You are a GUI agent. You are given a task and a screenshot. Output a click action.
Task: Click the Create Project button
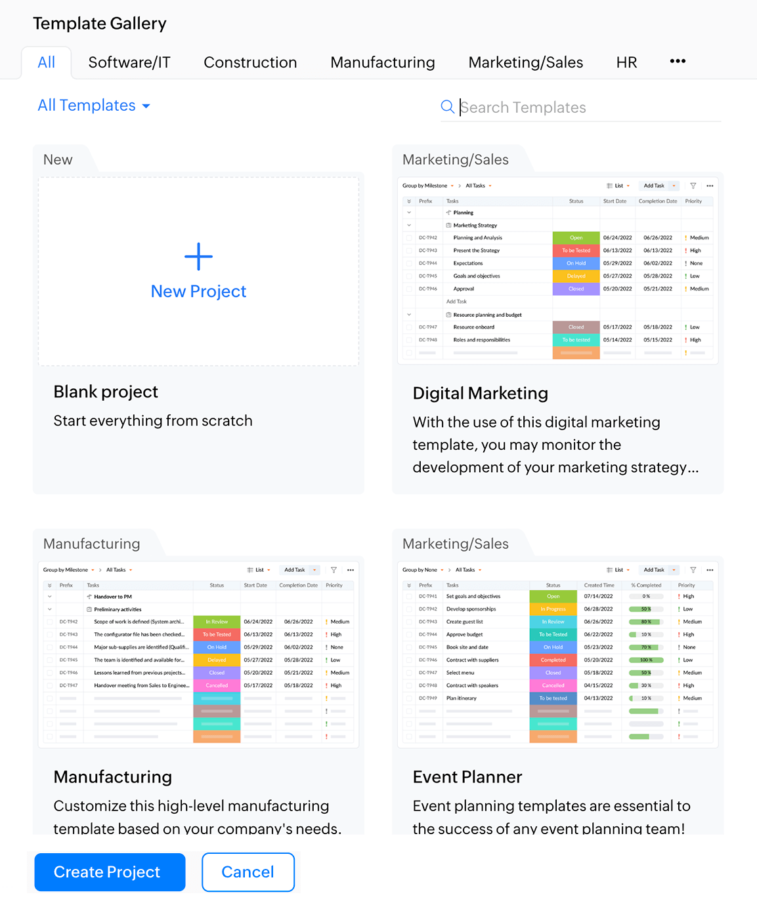[x=110, y=872]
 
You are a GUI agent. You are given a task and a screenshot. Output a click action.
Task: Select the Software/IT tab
[x=129, y=62]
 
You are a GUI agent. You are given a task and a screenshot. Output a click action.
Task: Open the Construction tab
[x=250, y=62]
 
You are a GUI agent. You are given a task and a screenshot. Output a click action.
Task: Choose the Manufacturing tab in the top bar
[x=383, y=62]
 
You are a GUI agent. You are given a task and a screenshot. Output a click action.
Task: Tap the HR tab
[x=626, y=62]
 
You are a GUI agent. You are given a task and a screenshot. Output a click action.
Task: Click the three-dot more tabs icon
[x=678, y=61]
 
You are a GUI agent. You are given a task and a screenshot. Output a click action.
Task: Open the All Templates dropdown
[x=94, y=106]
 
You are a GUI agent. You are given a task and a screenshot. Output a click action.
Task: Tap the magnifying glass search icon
[x=447, y=107]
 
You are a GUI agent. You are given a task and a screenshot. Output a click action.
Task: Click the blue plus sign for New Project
[x=198, y=256]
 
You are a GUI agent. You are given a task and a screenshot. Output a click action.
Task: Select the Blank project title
[x=106, y=392]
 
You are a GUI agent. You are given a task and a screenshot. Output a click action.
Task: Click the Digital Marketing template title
[x=480, y=393]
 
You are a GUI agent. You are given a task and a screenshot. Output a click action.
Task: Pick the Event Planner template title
[x=467, y=777]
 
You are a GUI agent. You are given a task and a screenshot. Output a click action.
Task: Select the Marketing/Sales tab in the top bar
[x=525, y=62]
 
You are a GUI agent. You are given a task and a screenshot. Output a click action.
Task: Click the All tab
[x=47, y=62]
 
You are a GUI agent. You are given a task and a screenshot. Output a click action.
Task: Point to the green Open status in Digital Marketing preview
[x=576, y=238]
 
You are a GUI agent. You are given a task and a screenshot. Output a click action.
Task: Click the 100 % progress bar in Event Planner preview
[x=646, y=660]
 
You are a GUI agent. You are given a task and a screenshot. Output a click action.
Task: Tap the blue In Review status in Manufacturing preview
[x=217, y=622]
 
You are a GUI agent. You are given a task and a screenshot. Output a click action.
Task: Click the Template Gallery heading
[x=100, y=24]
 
